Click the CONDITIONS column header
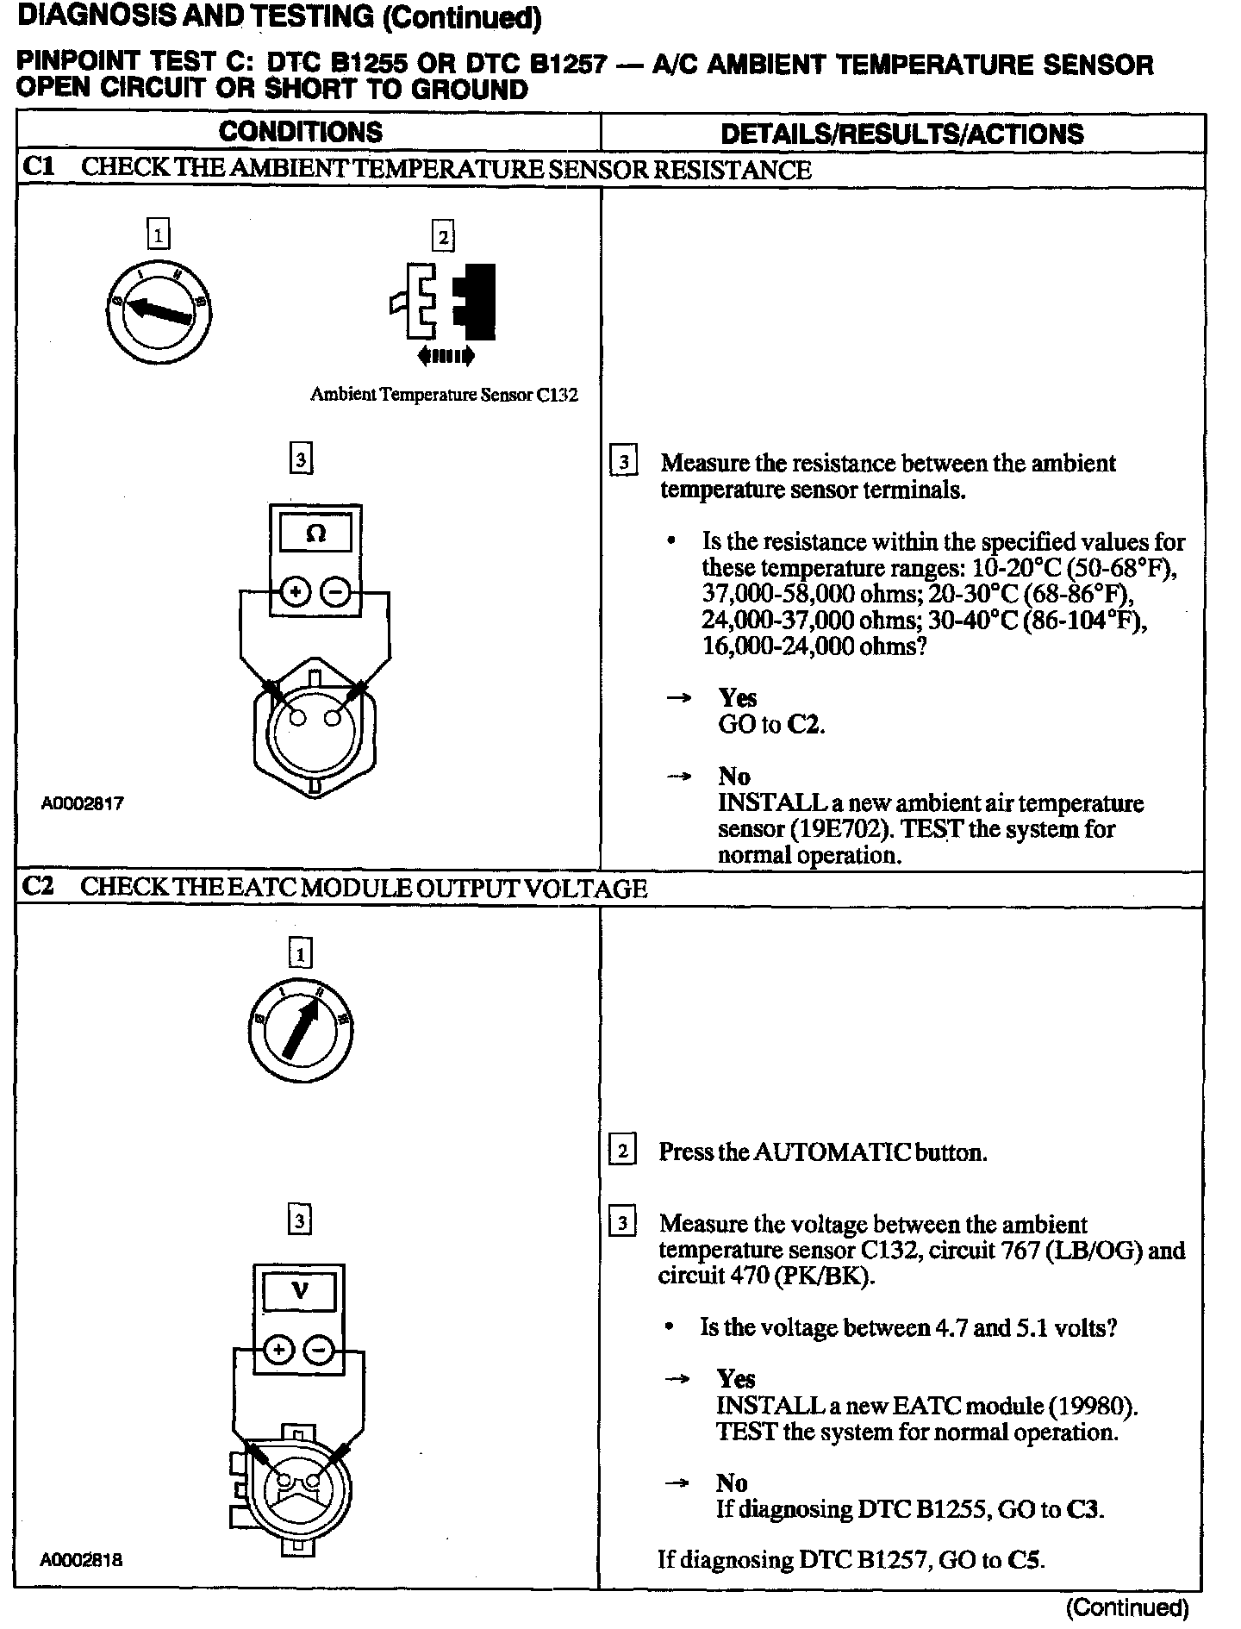pos(300,132)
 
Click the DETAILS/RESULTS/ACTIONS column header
pos(901,134)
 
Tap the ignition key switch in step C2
pos(300,1031)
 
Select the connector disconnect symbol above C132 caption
pos(444,302)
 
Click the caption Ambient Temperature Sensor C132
pos(444,395)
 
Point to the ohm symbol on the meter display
pos(315,534)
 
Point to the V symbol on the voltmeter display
pos(300,1290)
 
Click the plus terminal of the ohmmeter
pos(295,592)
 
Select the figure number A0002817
pos(83,803)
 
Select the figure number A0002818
pos(81,1559)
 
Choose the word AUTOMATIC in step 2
pos(832,1152)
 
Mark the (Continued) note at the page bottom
pos(1127,1607)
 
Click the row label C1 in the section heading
pos(38,167)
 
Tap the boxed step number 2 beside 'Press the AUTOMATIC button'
pos(622,1151)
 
